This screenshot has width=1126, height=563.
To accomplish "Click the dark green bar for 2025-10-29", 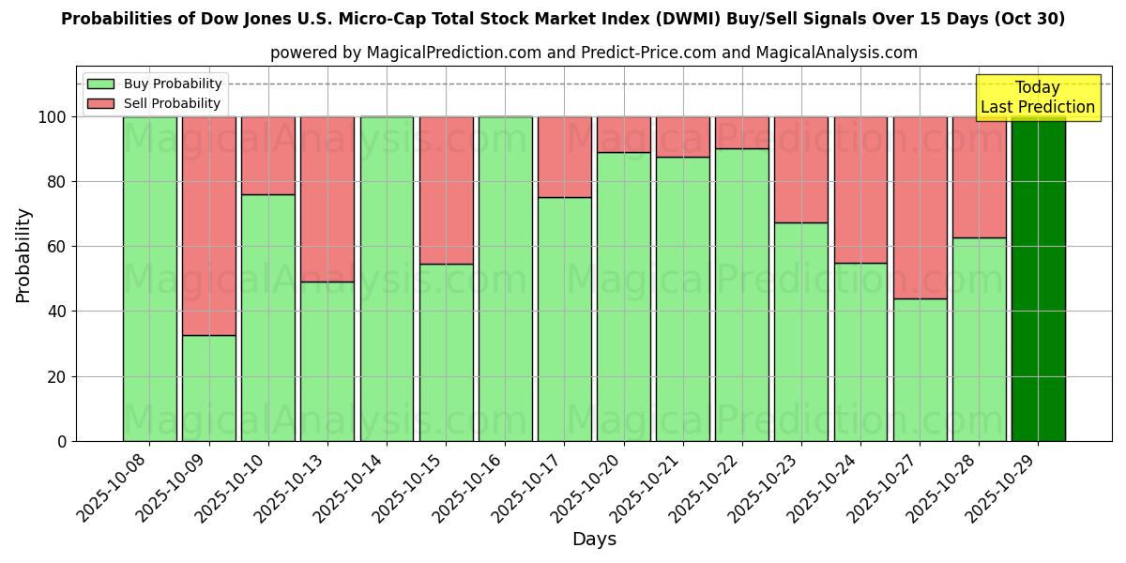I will click(x=1038, y=279).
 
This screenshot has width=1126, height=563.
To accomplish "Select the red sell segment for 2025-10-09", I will click(x=208, y=225).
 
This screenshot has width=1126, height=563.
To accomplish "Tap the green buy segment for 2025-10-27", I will click(x=920, y=370).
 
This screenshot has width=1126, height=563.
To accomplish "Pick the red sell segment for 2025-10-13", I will click(x=327, y=199).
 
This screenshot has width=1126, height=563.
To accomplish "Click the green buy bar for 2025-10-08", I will click(x=149, y=279).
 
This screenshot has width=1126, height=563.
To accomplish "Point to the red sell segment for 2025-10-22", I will click(x=742, y=132).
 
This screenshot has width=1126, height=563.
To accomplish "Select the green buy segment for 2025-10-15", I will click(x=446, y=352).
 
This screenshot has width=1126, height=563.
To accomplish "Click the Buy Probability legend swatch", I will click(x=100, y=84).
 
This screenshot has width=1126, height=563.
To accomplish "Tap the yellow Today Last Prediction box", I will click(x=1037, y=98).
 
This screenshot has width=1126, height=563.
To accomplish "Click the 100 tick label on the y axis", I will click(x=53, y=117).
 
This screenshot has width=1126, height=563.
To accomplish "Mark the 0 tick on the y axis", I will click(x=62, y=441).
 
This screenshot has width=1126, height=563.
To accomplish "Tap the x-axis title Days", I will click(x=594, y=540).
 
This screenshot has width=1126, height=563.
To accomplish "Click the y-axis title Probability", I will click(x=23, y=255).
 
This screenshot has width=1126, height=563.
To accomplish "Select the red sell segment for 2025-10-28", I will click(x=979, y=176).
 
